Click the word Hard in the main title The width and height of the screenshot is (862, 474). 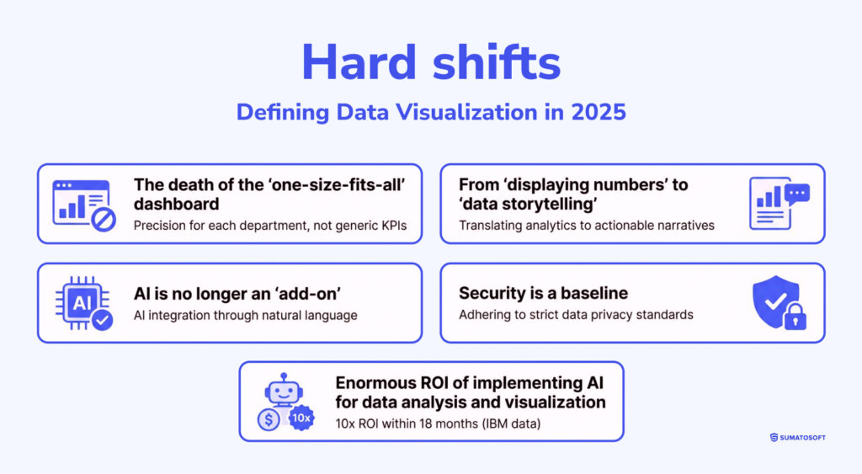tap(359, 62)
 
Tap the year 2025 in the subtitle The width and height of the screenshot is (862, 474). tap(599, 112)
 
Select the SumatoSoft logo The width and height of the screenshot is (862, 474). tap(798, 438)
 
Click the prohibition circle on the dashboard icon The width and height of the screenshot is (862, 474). tap(104, 220)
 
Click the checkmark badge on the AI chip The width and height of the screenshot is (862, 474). tap(102, 320)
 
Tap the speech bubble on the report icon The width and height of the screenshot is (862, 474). tap(797, 194)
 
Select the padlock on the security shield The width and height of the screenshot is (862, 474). tap(795, 317)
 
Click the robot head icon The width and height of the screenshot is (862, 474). tap(284, 390)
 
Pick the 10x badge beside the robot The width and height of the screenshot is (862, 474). tap(301, 418)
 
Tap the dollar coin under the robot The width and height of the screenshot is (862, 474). tap(269, 420)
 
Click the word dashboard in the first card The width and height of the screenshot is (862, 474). tap(177, 204)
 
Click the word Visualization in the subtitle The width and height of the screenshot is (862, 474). tap(466, 112)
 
